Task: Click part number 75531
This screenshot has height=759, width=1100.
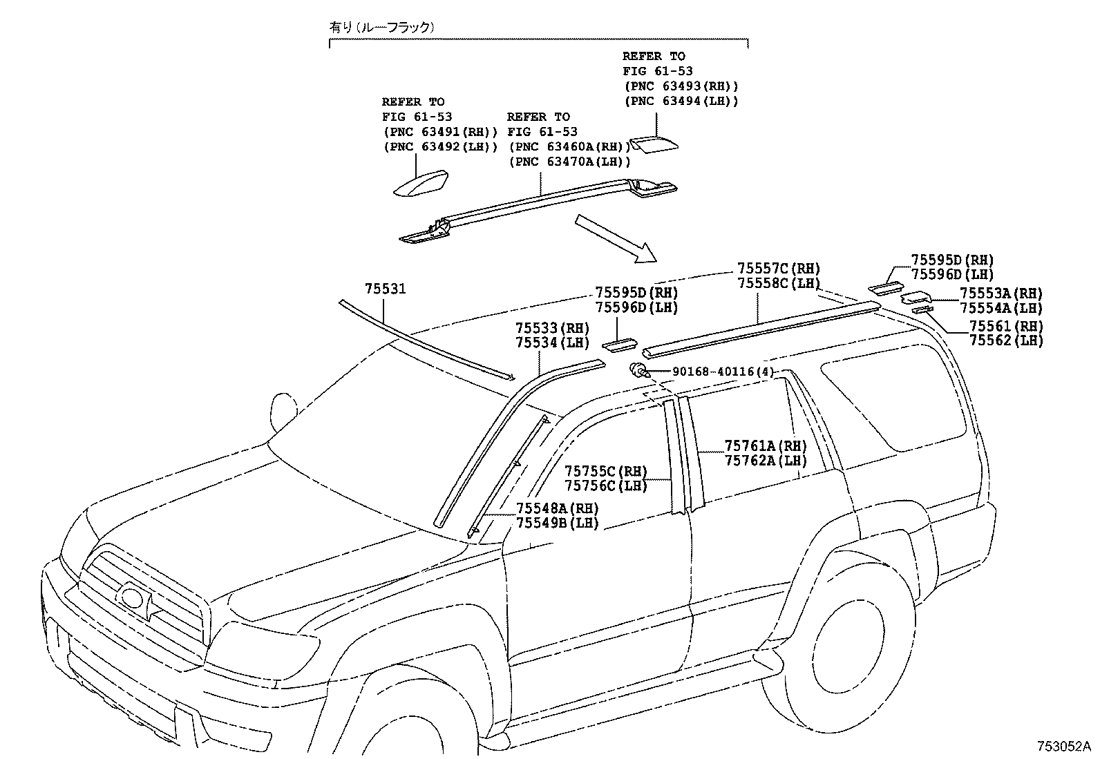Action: [x=385, y=289]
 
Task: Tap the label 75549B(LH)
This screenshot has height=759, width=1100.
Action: [x=557, y=524]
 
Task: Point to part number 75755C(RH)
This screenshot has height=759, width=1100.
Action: [x=605, y=472]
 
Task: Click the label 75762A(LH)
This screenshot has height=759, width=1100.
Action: [x=766, y=461]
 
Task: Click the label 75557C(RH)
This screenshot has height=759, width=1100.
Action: [x=778, y=269]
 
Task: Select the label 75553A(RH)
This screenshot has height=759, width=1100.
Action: [x=1001, y=294]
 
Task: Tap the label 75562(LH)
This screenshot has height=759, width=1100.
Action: [x=1005, y=340]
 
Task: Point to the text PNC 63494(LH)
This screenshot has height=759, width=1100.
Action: [x=681, y=101]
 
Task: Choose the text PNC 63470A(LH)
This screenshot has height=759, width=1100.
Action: [x=569, y=162]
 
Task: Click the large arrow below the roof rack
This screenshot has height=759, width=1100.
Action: [x=616, y=238]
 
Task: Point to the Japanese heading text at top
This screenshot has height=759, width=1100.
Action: [x=381, y=28]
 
